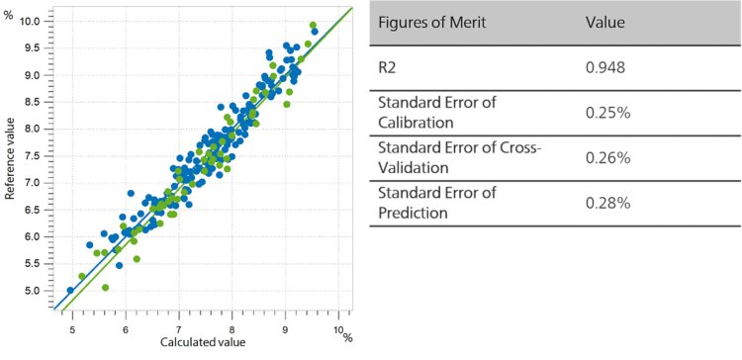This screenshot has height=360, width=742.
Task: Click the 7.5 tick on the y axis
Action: point(36,155)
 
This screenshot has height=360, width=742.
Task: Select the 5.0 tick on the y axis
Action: point(36,290)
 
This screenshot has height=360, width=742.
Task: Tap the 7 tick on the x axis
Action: point(178,327)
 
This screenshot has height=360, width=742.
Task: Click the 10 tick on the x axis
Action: point(337,327)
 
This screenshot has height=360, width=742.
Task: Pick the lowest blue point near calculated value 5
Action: point(70,290)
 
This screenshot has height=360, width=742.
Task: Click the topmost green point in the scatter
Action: point(313,25)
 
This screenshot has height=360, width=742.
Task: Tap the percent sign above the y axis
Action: point(8,14)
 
